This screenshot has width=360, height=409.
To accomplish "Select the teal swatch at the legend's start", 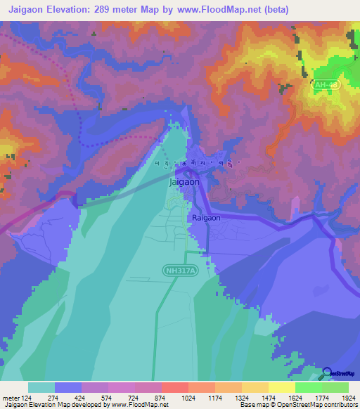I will (41, 387).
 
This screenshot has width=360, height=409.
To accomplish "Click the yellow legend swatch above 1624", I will (281, 387).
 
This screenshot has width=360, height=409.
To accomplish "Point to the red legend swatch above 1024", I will (174, 387).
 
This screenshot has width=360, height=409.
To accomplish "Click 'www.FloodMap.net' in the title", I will (224, 11).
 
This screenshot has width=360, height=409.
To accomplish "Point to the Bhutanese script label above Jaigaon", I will (198, 163).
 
